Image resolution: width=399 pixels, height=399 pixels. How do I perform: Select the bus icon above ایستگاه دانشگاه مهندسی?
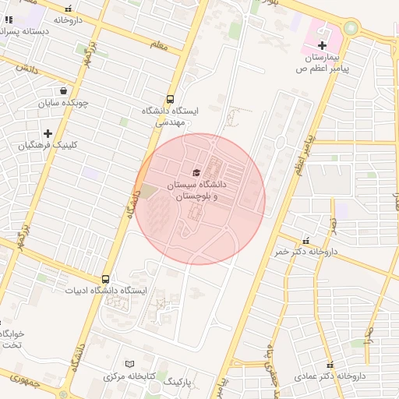pos(171,99)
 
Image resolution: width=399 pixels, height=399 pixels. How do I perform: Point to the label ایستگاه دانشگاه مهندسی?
pos(171,117)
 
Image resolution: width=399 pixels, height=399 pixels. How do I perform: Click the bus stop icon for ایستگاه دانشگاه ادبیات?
pos(105,279)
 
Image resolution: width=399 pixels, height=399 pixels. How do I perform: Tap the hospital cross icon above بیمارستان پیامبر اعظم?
pos(322,47)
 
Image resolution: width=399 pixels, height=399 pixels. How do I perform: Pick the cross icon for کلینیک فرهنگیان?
pos(48,134)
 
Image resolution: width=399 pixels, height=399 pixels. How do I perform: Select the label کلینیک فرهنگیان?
pos(49,146)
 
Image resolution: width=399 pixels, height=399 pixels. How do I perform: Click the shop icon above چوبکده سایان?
pos(63,90)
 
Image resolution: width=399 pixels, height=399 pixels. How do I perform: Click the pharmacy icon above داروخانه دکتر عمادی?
pos(330,364)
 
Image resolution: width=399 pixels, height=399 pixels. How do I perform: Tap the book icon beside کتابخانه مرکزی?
pos(130,364)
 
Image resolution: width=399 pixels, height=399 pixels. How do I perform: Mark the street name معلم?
pos(159,48)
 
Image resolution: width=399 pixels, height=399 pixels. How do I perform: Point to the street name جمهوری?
pos(23,380)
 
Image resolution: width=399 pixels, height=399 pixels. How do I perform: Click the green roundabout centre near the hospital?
pos(350,29)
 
